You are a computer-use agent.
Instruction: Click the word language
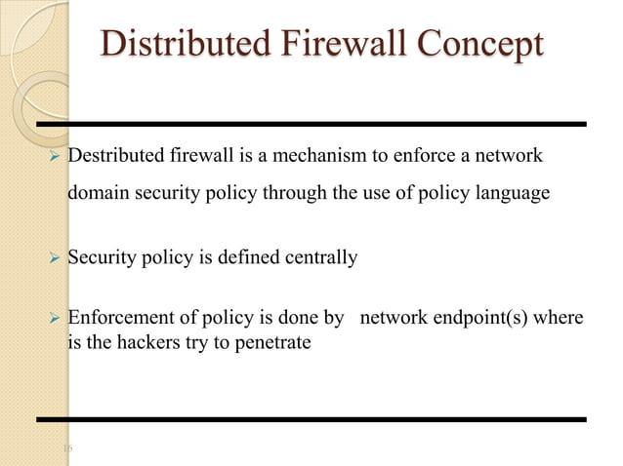tap(511, 193)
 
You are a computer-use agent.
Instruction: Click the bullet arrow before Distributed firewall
tap(55, 157)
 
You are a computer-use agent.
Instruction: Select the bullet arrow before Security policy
tap(55, 258)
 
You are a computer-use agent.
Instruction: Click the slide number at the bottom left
tap(67, 447)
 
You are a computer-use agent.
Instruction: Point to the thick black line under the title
tap(312, 124)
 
